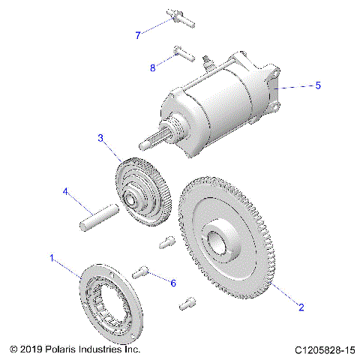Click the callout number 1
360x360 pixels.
point(52,259)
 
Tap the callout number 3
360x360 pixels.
point(100,139)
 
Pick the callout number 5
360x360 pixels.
point(318,85)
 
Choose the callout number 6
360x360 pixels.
point(173,283)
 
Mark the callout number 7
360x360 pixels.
point(138,35)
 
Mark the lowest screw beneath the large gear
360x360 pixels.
point(187,304)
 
